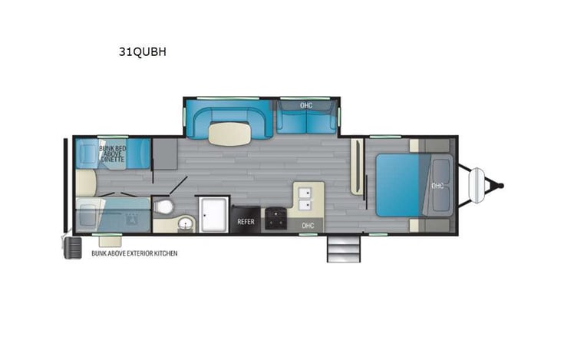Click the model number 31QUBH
tap(142, 53)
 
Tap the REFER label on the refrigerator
tap(246, 221)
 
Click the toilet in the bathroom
tap(163, 207)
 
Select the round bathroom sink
tap(185, 224)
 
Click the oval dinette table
tap(228, 134)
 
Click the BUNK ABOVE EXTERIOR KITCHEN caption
tap(134, 253)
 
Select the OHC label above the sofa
tap(306, 104)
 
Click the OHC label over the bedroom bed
tap(437, 185)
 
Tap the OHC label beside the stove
tap(308, 225)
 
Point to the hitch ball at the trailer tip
tap(502, 185)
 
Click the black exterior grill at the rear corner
tap(71, 247)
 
